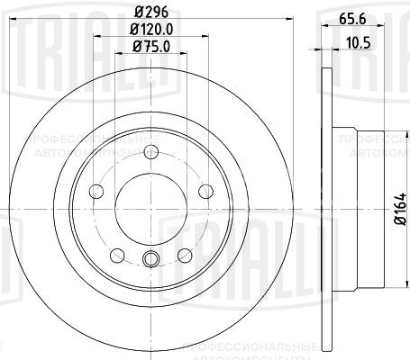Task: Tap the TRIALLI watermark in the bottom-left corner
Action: coord(36,297)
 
